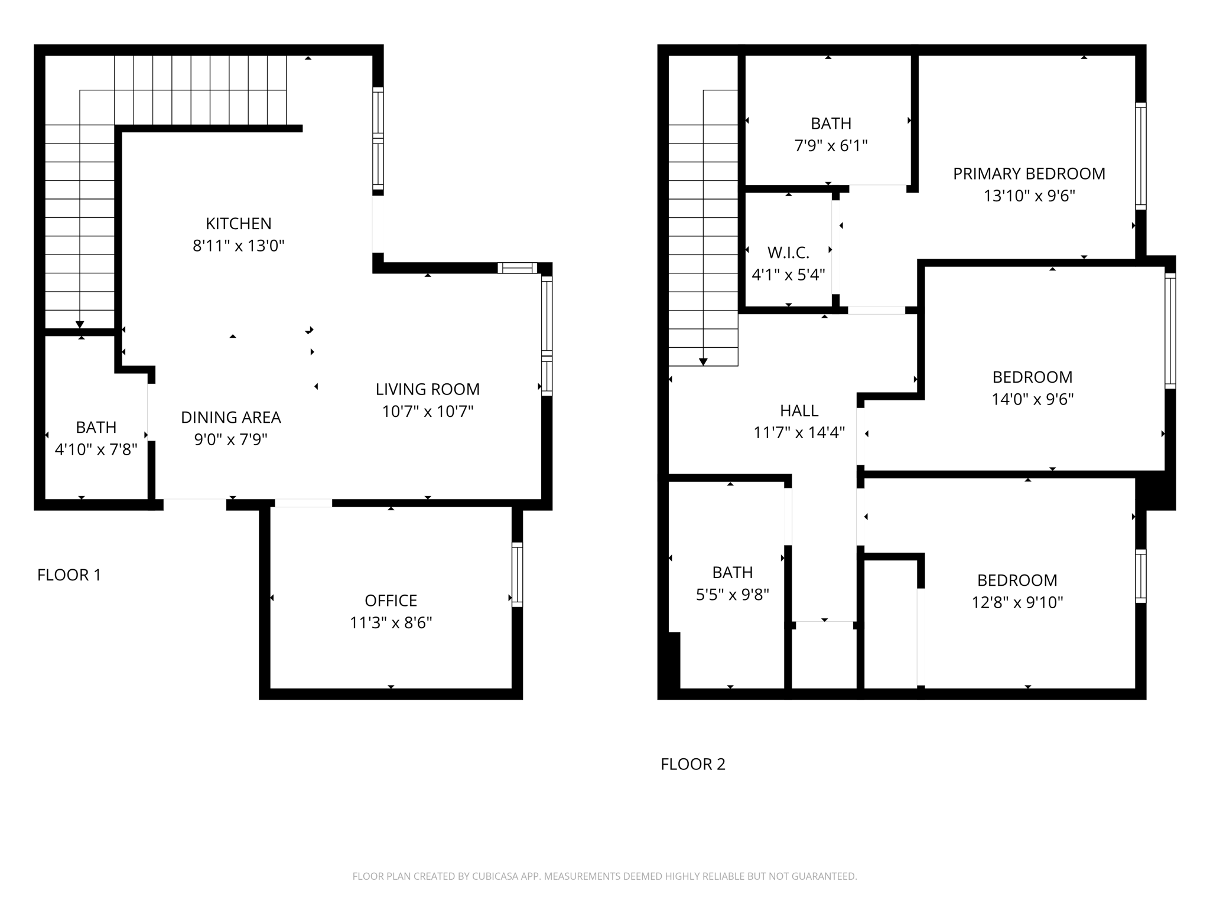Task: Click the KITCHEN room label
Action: [238, 224]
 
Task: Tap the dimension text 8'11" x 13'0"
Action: [238, 246]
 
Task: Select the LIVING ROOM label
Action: [427, 389]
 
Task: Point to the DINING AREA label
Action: [230, 417]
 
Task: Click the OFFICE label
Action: [391, 601]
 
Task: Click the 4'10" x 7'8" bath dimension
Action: [96, 450]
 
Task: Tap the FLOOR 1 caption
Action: [69, 575]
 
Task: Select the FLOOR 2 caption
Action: [692, 764]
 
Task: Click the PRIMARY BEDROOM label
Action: [1029, 174]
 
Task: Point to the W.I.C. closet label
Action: [788, 253]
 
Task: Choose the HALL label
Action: [799, 410]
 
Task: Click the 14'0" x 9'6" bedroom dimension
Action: [1032, 399]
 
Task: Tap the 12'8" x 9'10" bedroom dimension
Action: [1017, 602]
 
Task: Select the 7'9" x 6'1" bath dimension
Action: [831, 145]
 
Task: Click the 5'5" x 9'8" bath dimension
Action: [732, 595]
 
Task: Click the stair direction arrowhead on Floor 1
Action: [80, 325]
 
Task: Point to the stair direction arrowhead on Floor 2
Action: [703, 362]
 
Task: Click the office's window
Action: [517, 575]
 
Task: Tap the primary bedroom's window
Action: [1141, 156]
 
